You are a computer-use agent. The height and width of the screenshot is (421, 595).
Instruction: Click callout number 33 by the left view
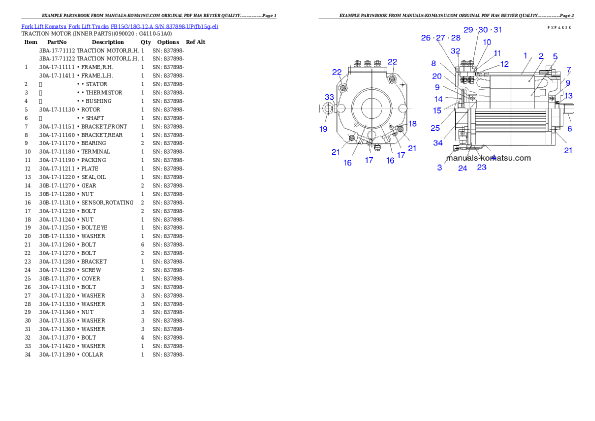pos(329,96)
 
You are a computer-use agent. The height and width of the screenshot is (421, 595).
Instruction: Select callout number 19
pos(323,129)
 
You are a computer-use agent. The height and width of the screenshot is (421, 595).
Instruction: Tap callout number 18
pos(412,123)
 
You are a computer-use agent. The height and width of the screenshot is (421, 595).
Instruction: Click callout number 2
pos(540,56)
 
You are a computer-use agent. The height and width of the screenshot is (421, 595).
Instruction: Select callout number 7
pos(568,69)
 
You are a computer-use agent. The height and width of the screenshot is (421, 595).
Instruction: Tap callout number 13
pos(568,95)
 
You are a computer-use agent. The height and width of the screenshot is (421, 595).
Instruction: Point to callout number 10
pos(486,42)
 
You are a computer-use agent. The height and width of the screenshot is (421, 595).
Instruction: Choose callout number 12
pos(504,64)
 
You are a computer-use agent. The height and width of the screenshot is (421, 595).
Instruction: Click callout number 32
pos(455,51)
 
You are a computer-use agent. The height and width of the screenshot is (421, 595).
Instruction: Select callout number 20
pos(437,76)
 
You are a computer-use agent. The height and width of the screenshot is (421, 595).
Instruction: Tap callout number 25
pos(435,128)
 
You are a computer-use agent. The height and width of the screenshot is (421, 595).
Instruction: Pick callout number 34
pos(438,143)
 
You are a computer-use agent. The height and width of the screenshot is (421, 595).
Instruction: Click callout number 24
pos(462,168)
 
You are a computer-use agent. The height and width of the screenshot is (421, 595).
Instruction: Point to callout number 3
pos(439,167)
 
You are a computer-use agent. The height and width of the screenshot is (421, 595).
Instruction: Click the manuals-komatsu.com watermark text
pos(488,158)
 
